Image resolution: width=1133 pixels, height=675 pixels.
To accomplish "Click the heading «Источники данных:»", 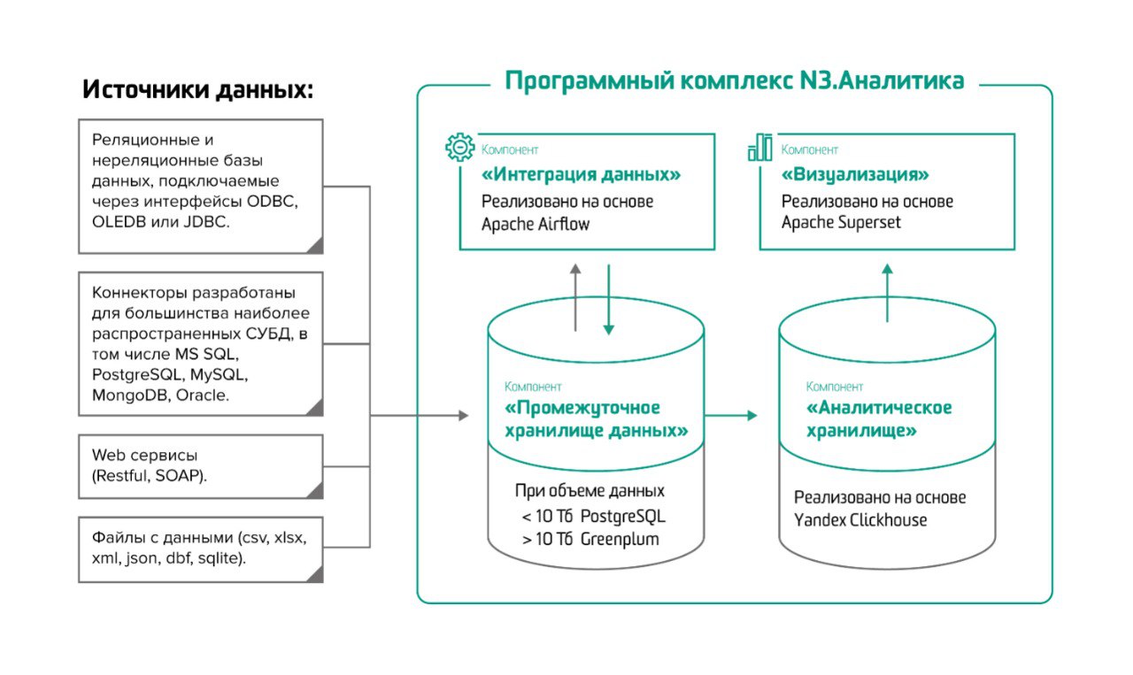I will click(197, 89).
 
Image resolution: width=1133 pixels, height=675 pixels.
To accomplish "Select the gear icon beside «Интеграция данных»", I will click(460, 147).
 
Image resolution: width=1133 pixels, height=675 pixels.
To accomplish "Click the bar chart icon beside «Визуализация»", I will click(759, 148).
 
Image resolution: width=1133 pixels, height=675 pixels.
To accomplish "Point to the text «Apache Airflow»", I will click(536, 224).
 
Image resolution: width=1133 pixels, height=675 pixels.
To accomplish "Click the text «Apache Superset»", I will click(841, 222).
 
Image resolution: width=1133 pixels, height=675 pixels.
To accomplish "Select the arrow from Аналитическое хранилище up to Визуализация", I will click(888, 291).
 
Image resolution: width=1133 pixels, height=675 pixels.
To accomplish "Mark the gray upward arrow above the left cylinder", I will click(575, 296).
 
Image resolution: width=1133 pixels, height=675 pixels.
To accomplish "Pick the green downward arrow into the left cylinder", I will click(609, 296).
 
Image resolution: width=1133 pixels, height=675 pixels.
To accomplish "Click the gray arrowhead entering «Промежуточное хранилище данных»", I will click(462, 415).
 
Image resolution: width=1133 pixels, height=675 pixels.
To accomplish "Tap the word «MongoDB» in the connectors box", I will click(129, 395).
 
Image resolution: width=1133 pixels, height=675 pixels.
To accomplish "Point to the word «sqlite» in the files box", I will click(220, 558).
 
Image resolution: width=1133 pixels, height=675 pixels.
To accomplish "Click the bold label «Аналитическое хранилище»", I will click(878, 419).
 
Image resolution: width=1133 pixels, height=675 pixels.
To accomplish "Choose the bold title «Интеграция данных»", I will click(582, 175).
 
